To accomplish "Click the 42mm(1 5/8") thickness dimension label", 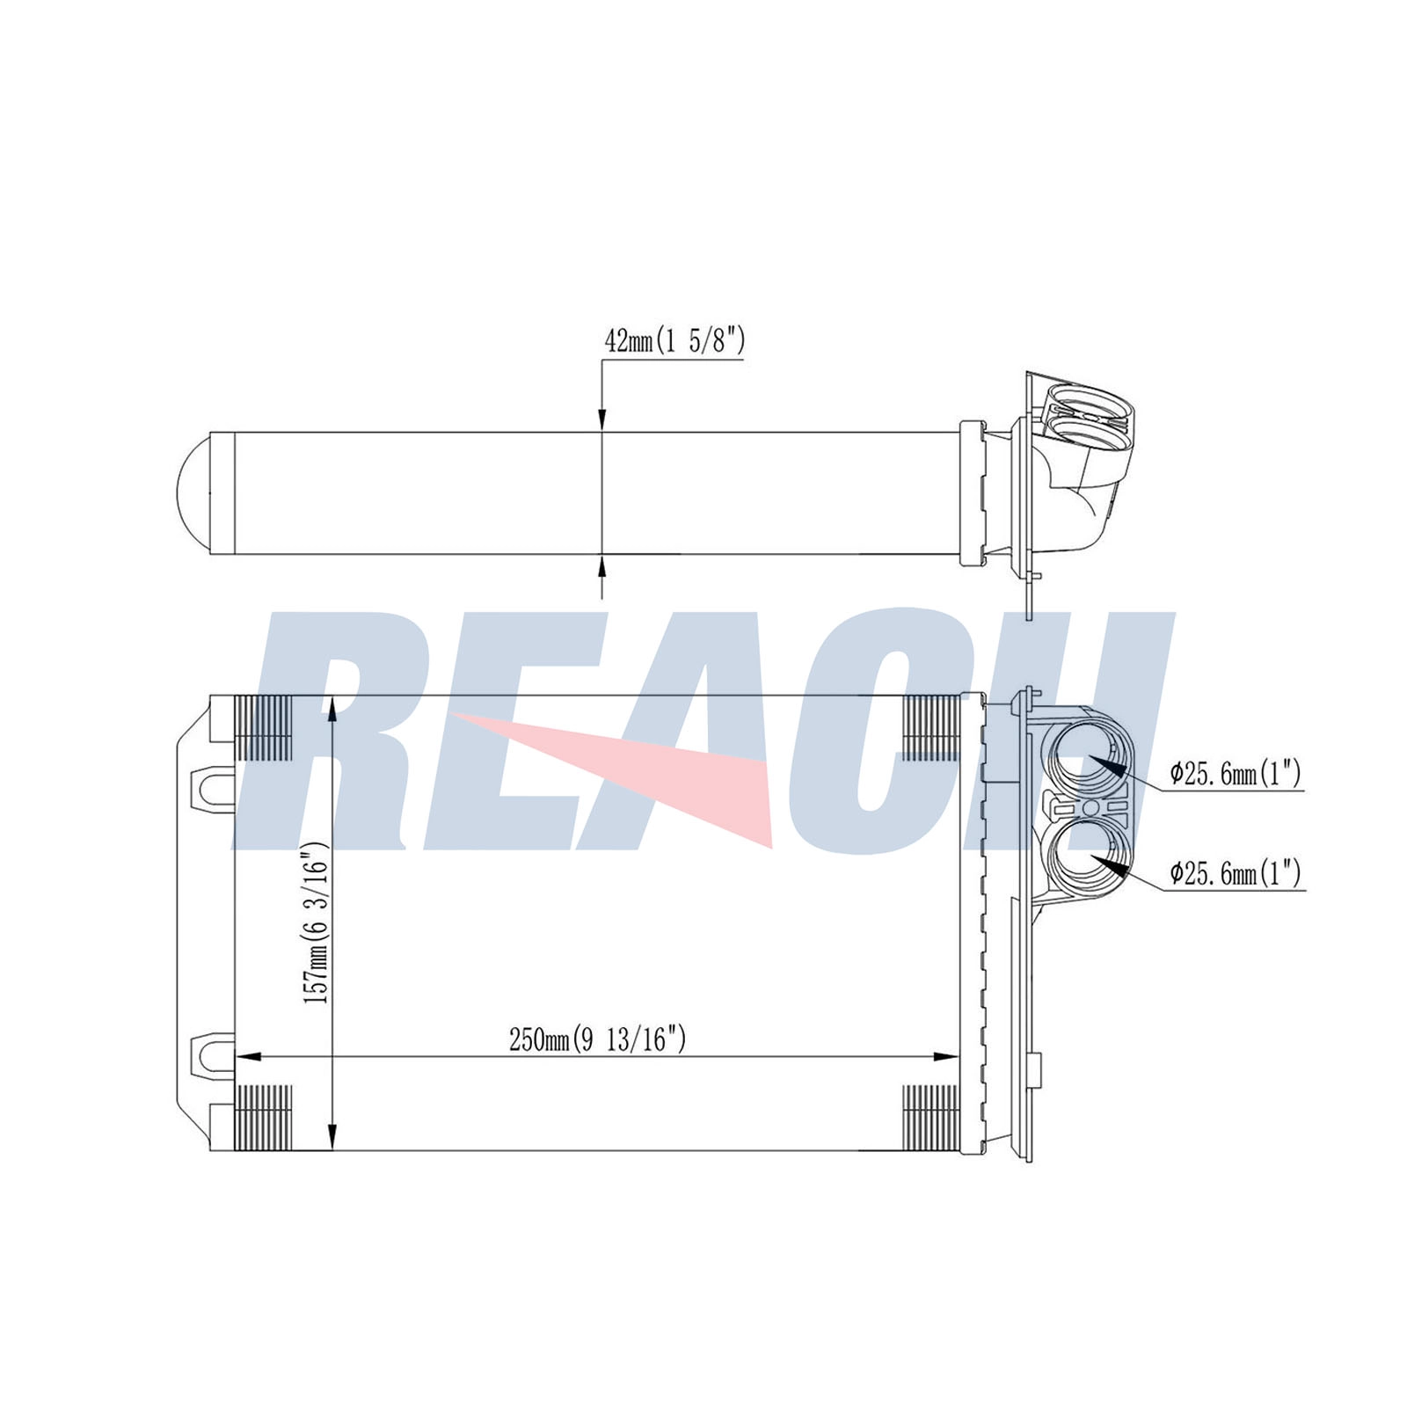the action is pos(674,340).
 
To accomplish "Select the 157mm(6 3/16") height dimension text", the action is pos(316,923).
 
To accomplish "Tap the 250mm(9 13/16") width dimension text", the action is pos(597,1040).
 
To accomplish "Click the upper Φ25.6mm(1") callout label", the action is pos(1235,774).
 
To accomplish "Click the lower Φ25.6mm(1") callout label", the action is pos(1235,873).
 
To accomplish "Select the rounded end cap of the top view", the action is pos(193,492).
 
